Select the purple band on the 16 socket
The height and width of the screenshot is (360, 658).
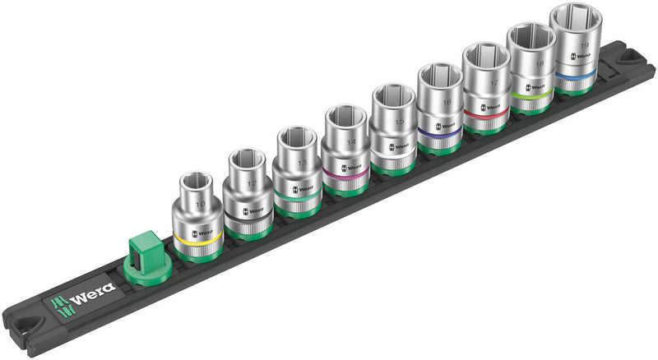point(438,128)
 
